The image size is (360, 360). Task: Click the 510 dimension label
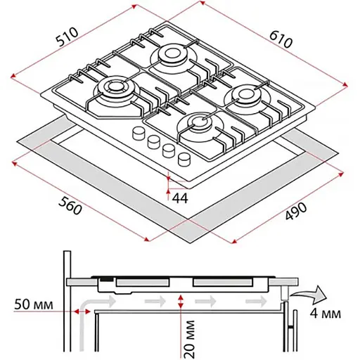coord(67,37)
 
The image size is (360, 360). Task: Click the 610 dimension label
coord(281,39)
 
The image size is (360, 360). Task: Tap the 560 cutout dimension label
coord(70,205)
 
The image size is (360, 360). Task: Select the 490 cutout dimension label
coord(296,211)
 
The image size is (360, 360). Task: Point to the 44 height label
coord(180,198)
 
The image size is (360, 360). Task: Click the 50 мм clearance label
coord(34,304)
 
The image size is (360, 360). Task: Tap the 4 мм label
coord(326,313)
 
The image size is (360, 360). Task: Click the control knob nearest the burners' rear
coord(139,134)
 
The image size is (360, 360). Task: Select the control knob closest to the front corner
coord(184,160)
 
